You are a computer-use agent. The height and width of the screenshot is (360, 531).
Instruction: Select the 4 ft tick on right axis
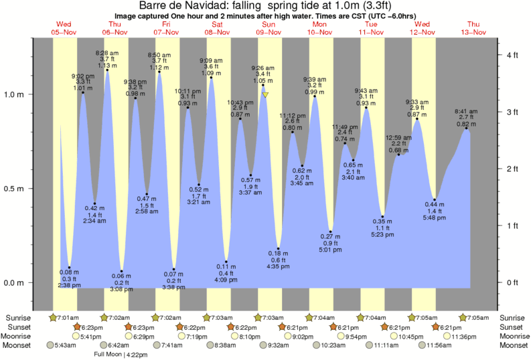(512, 54)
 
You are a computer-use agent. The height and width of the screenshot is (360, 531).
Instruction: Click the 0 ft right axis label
(512, 282)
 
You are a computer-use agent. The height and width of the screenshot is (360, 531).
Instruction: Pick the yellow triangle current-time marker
(265, 95)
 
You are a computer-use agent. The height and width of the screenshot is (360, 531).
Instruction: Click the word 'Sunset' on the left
(18, 327)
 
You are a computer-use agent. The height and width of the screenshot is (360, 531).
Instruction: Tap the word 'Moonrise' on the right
(512, 336)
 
